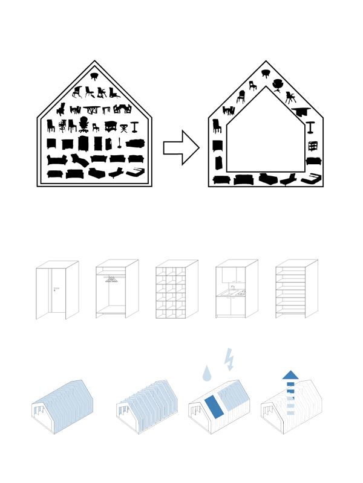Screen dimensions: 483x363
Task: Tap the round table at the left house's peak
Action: tap(94, 76)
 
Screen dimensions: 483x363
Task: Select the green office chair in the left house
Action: tap(83, 125)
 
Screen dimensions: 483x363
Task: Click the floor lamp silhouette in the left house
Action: tap(119, 143)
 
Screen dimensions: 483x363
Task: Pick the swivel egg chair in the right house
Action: tap(278, 85)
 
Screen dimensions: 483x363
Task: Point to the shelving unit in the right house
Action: tap(313, 146)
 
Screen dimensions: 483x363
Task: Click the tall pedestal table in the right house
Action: tap(310, 127)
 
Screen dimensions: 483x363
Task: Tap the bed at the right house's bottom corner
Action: tap(311, 179)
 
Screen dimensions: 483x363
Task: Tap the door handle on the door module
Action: tap(55, 289)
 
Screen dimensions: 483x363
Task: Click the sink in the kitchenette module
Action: tap(233, 290)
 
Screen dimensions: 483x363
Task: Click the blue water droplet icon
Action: tap(207, 374)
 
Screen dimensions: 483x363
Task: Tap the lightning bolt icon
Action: tap(229, 359)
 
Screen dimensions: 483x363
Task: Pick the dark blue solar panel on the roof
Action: tap(214, 408)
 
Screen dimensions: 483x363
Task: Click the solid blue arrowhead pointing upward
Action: tap(290, 375)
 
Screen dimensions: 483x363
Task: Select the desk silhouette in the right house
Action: tap(301, 112)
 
